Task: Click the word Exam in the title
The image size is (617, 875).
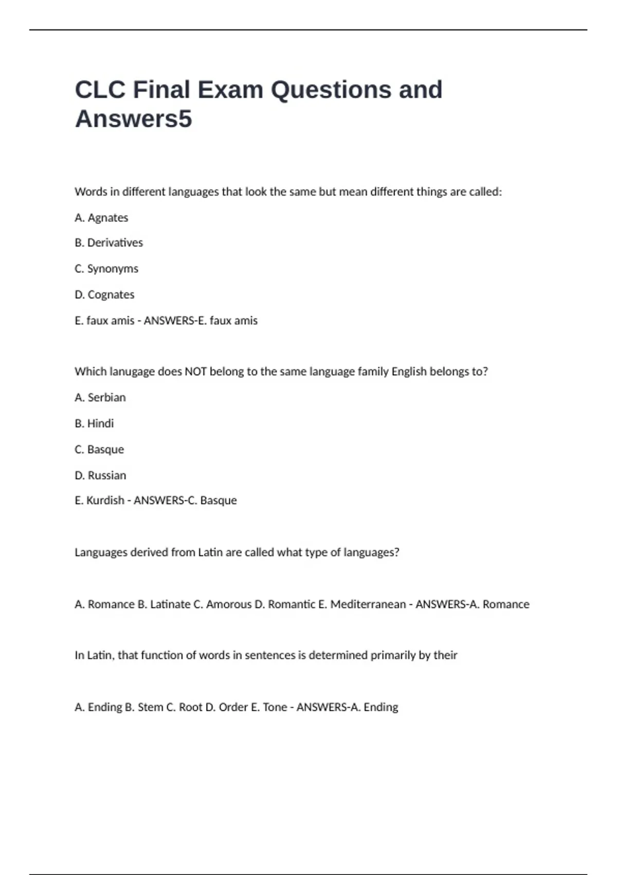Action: pyautogui.click(x=230, y=90)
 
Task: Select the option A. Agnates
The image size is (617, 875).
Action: pyautogui.click(x=101, y=218)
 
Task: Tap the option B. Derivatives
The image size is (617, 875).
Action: pyautogui.click(x=108, y=243)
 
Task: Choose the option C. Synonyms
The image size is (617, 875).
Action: pyautogui.click(x=106, y=269)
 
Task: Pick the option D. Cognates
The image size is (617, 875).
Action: pyautogui.click(x=104, y=295)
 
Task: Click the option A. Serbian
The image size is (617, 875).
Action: pyautogui.click(x=100, y=397)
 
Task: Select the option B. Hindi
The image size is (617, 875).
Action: pyautogui.click(x=94, y=424)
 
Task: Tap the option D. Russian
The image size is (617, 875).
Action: pyautogui.click(x=100, y=476)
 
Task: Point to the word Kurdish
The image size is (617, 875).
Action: pyautogui.click(x=105, y=500)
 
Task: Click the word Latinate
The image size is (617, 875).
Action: pyautogui.click(x=170, y=604)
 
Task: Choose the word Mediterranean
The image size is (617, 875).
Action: pyautogui.click(x=368, y=604)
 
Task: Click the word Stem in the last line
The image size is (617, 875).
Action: pyautogui.click(x=150, y=707)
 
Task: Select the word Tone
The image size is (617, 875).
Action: pyautogui.click(x=275, y=707)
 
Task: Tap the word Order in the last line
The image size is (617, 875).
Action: pyautogui.click(x=233, y=707)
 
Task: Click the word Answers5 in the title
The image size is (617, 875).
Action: pyautogui.click(x=133, y=119)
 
